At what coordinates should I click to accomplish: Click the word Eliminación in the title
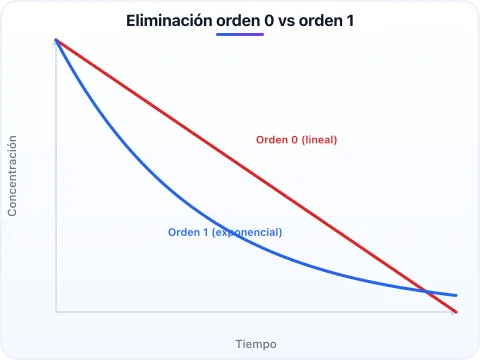169,21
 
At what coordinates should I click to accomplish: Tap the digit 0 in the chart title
269,21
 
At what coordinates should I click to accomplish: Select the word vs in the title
286,22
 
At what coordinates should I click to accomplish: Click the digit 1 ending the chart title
350,21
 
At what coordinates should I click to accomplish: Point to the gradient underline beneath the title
240,34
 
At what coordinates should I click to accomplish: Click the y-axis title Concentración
12,176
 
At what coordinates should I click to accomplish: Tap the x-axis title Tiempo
256,344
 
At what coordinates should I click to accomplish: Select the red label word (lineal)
319,140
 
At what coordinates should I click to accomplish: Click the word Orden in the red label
272,140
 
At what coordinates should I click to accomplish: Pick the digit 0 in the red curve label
294,140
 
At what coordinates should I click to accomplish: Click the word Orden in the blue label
184,232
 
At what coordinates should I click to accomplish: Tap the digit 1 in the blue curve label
206,232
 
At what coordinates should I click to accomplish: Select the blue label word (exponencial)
247,232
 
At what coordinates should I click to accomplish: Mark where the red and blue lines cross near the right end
426,292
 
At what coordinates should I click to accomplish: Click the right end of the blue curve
456,295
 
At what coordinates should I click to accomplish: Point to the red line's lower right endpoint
456,312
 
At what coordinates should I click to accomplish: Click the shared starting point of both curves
56,40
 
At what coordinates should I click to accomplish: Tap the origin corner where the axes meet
56,312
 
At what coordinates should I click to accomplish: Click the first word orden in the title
238,21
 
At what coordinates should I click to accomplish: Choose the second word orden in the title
321,21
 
